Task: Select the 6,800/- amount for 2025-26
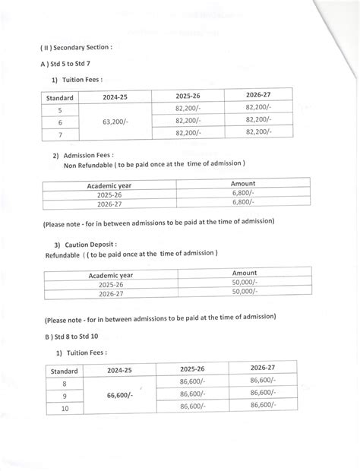245,194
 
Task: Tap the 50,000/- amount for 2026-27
245,292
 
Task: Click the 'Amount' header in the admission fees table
243,184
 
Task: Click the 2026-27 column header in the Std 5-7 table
258,95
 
